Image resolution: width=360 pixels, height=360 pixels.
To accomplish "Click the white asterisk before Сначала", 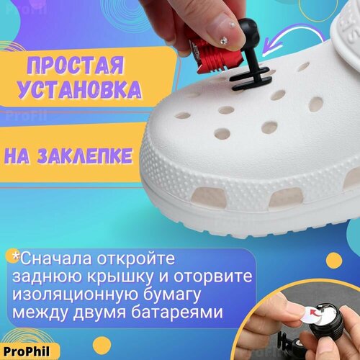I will point(14,256).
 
